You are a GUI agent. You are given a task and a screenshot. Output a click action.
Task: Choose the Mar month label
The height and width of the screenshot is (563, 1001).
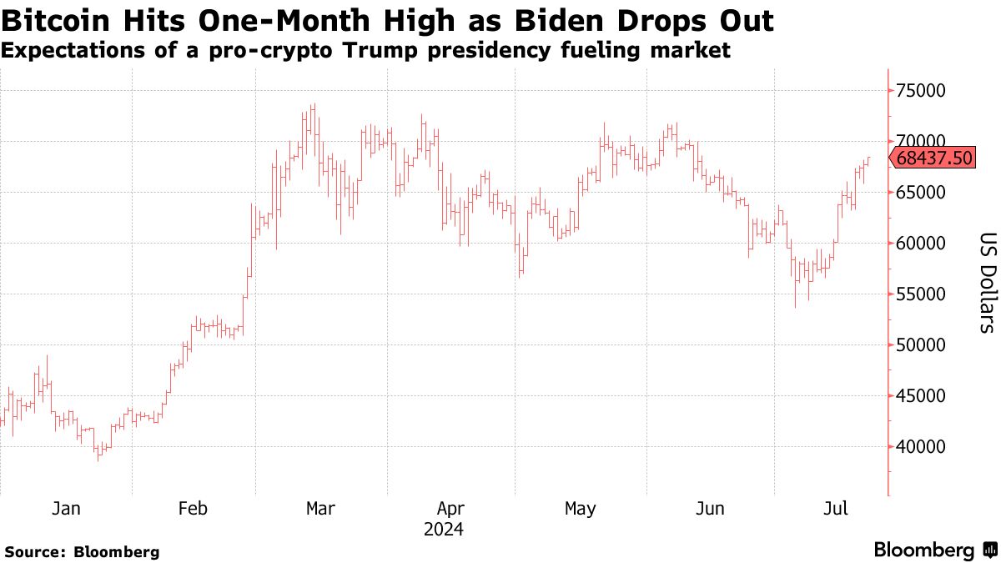321,509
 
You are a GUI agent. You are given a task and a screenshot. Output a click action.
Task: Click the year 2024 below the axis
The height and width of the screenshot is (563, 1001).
445,529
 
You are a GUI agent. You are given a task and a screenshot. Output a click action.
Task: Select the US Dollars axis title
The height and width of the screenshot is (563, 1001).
987,282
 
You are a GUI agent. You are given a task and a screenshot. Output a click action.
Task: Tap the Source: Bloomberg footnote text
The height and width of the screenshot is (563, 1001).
82,551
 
